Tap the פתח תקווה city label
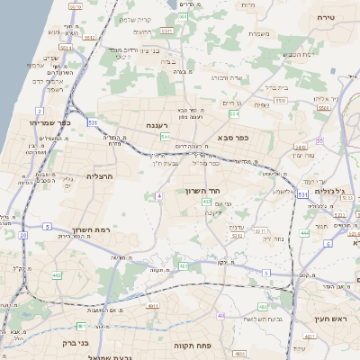click(218, 345)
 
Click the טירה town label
click(325, 17)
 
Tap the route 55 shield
click(319, 140)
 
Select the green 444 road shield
click(304, 232)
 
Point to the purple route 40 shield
click(220, 316)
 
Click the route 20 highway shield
click(22, 235)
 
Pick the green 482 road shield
click(57, 275)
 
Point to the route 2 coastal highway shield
click(40, 111)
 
